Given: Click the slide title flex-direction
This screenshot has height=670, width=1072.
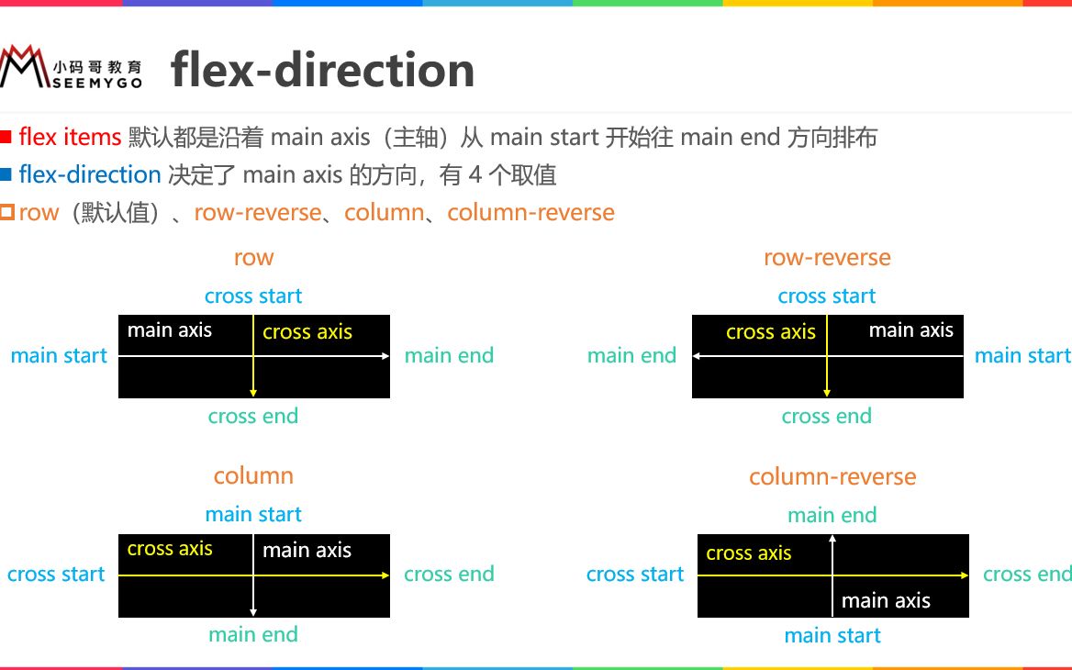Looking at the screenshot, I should click(322, 70).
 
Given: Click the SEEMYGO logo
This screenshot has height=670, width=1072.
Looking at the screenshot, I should click(72, 67).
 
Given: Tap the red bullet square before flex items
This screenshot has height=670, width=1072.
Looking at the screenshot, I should click(6, 138).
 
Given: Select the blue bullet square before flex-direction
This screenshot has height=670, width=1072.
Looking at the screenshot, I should click(6, 174).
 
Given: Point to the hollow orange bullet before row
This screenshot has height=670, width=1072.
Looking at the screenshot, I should click(7, 212).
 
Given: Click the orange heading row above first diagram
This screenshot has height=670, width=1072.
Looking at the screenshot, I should click(253, 258).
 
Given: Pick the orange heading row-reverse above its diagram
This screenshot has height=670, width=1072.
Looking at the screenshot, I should click(827, 258).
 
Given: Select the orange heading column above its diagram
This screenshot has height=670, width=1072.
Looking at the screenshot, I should click(253, 475).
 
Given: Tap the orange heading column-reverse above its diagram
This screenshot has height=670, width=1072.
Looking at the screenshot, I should click(832, 477).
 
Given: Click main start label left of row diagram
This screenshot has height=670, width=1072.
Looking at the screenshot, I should click(59, 356).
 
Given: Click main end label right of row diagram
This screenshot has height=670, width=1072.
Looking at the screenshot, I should click(449, 356).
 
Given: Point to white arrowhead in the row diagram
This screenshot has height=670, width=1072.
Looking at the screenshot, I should click(385, 356).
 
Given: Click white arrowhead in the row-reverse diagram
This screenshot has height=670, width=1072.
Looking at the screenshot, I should click(698, 356).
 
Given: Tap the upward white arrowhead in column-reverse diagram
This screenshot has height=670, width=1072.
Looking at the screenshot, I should click(832, 540).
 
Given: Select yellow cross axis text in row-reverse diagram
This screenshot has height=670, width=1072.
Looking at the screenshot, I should click(770, 332).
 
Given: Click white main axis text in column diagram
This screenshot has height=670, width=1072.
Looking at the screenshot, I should click(307, 551).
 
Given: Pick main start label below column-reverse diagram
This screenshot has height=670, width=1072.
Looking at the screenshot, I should click(832, 636).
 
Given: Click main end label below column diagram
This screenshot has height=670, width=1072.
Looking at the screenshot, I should click(253, 634).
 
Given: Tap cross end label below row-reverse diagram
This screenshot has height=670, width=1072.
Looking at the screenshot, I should click(826, 417).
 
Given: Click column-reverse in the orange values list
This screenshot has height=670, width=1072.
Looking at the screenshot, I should click(530, 213).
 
